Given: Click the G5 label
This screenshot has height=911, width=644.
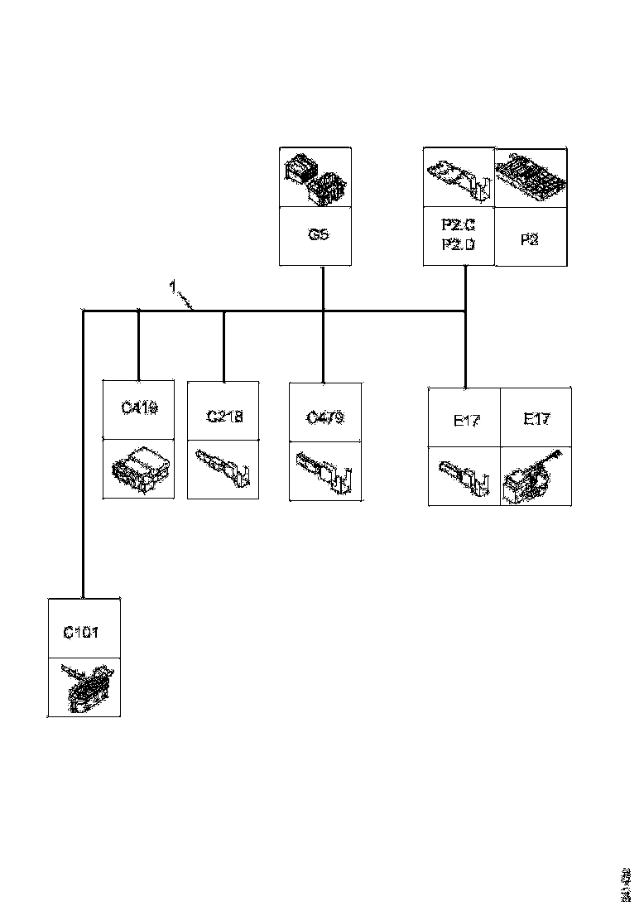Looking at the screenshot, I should (318, 234).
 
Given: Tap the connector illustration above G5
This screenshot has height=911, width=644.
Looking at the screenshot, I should (315, 177).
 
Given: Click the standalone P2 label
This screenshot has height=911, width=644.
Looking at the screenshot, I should (531, 239).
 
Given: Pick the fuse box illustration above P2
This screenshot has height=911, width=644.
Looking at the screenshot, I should (531, 177).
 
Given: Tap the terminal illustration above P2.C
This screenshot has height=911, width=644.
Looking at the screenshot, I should (458, 177).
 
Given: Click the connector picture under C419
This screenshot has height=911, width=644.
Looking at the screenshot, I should (138, 470).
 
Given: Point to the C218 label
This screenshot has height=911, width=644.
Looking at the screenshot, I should (224, 416).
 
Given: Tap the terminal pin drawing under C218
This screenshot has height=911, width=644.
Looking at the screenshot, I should (224, 470).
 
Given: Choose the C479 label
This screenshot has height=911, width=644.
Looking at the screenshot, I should (325, 417).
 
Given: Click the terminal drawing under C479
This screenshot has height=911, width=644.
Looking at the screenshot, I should (325, 472).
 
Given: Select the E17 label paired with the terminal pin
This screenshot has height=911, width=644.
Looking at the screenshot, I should (466, 420).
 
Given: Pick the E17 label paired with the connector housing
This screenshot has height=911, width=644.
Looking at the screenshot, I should (536, 419).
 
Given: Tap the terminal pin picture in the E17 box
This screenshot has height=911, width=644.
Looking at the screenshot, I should (464, 477).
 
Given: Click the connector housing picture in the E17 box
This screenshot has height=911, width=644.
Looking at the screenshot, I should (536, 477).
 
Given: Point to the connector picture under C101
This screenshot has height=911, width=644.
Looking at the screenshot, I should (84, 687).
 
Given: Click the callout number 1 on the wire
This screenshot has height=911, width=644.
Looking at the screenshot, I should (172, 287).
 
